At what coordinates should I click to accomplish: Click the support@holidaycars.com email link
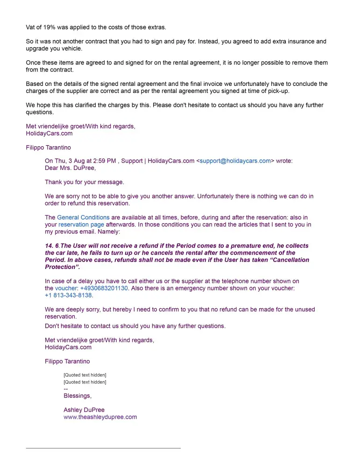click(x=235, y=161)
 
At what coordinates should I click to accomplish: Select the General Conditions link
click(x=83, y=218)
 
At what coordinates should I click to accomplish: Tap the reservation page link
click(x=81, y=225)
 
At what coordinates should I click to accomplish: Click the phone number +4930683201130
click(x=104, y=289)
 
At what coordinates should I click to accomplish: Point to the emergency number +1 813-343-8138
click(x=68, y=296)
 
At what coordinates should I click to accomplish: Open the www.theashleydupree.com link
click(x=100, y=417)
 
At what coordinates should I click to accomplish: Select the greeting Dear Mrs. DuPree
click(x=70, y=168)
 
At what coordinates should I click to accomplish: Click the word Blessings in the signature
click(x=77, y=396)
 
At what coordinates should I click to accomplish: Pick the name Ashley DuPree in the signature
click(x=84, y=410)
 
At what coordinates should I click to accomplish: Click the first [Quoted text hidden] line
click(x=85, y=375)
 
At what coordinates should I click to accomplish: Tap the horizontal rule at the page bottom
click(x=103, y=448)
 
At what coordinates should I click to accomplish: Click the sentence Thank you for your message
click(x=84, y=182)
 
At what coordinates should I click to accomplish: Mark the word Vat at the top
click(x=31, y=27)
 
